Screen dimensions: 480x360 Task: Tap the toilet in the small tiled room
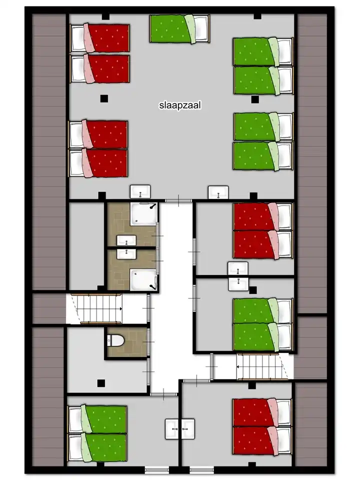point(116,340)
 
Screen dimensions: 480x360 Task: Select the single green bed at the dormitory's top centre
point(179,28)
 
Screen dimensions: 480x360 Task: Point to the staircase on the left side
point(94,309)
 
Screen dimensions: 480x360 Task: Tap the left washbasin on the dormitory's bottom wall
point(140,191)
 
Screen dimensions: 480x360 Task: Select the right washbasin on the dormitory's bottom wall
point(218,192)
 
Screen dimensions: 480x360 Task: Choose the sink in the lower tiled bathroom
point(127,253)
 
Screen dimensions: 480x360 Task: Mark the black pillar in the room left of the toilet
point(101,383)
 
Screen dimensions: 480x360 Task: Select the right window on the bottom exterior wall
point(201,469)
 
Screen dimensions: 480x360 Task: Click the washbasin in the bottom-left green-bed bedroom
point(172,429)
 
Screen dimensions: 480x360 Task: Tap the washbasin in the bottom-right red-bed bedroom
point(188,429)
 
